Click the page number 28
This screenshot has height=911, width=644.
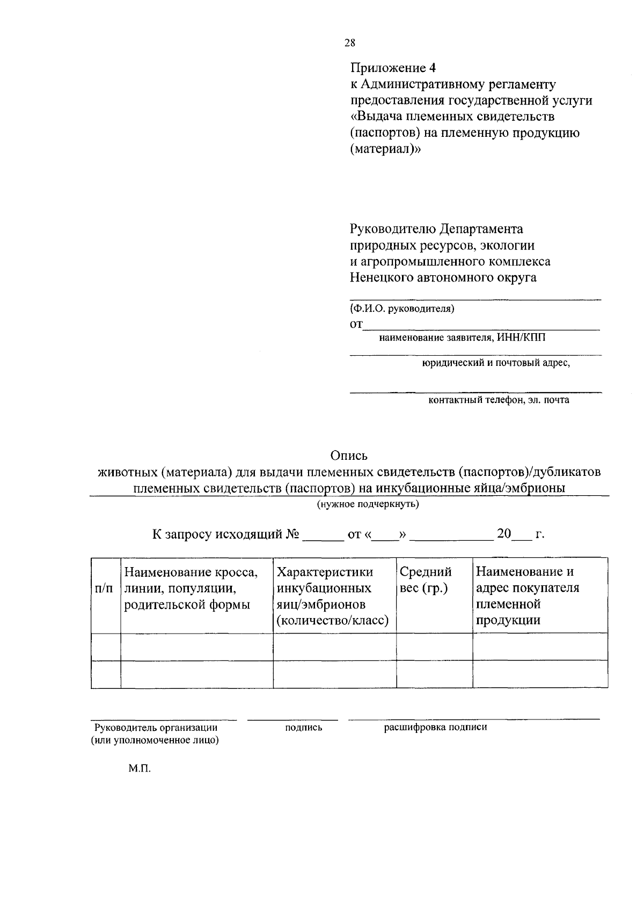(x=349, y=43)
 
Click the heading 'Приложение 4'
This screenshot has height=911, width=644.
(x=393, y=68)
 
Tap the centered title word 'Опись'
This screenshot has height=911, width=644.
(x=349, y=456)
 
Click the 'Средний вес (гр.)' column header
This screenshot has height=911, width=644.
(x=426, y=580)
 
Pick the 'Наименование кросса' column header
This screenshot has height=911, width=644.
(x=191, y=589)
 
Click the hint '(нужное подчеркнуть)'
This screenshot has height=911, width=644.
(x=368, y=504)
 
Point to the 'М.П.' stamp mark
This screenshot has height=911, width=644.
(x=140, y=769)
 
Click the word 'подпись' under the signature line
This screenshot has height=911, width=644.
(x=304, y=728)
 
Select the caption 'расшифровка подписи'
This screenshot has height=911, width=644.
(x=435, y=728)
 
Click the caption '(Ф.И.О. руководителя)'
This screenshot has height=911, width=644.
(x=402, y=308)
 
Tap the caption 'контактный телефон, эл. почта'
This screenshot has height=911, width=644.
(x=499, y=400)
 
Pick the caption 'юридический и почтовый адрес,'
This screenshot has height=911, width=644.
(x=495, y=363)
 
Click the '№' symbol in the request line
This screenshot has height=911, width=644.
(x=292, y=534)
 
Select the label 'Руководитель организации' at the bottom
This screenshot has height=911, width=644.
(x=156, y=728)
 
